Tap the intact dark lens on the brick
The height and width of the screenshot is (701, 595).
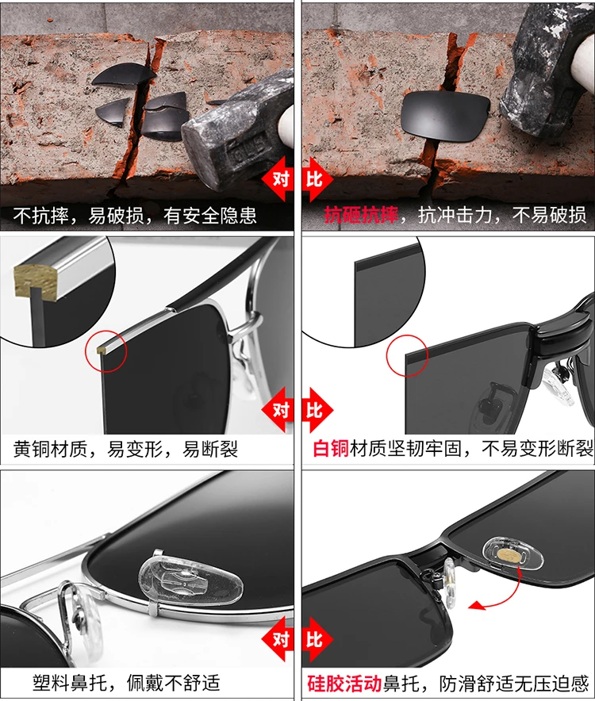tap(445, 116)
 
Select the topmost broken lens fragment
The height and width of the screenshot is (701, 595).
tap(124, 75)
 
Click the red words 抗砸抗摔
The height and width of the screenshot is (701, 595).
tap(361, 215)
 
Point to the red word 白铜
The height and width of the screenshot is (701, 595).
tap(331, 448)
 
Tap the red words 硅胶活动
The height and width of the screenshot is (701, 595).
tap(344, 683)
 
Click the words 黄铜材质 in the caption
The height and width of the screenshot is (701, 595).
tap(50, 449)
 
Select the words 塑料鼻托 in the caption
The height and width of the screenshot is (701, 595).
tap(70, 683)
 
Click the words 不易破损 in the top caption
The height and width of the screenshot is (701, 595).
tap(549, 215)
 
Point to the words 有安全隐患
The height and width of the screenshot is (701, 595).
tap(209, 216)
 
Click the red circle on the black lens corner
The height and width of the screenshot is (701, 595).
tap(408, 356)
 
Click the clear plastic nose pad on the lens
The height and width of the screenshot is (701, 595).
tap(190, 577)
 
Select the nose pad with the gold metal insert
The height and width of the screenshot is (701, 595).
tap(512, 555)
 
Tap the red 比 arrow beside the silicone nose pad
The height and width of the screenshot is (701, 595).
tap(317, 639)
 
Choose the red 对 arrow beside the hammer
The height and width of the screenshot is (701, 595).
tap(278, 179)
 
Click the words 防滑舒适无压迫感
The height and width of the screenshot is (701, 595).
tap(513, 683)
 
